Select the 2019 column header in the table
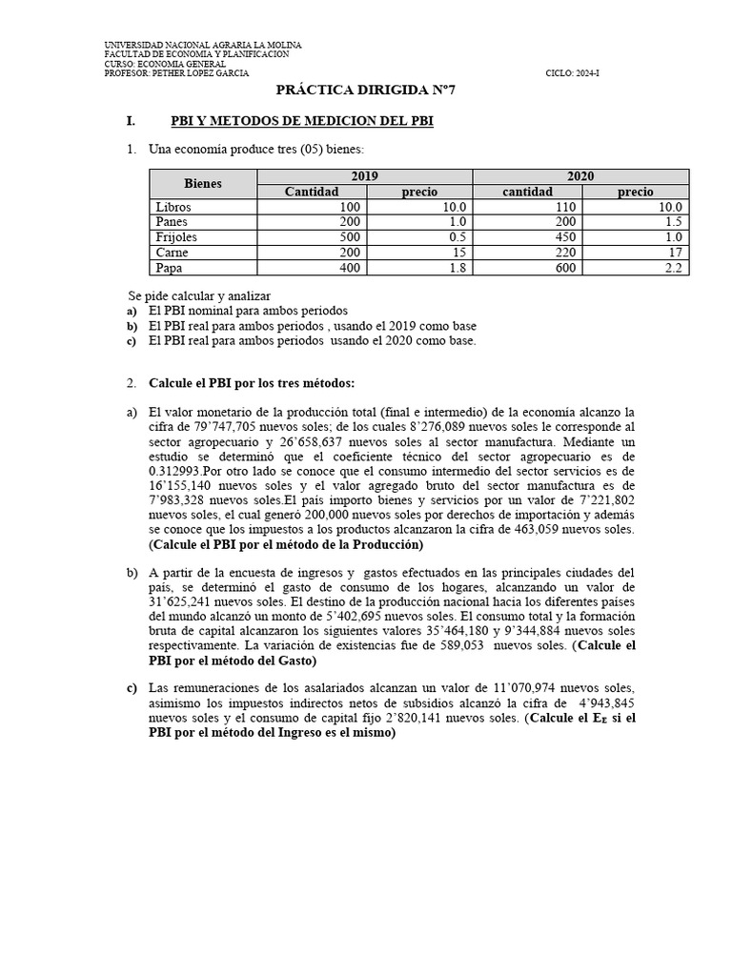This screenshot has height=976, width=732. pyautogui.click(x=364, y=176)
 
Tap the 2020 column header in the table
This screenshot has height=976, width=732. pyautogui.click(x=580, y=176)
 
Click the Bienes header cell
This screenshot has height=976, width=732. pyautogui.click(x=202, y=183)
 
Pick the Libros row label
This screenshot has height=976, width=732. pyautogui.click(x=172, y=207)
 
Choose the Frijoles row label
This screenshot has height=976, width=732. pyautogui.click(x=175, y=237)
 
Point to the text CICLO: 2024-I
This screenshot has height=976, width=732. pyautogui.click(x=572, y=73)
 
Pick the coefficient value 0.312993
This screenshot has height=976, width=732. pyautogui.click(x=178, y=470)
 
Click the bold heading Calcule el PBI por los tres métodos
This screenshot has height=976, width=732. pyautogui.click(x=252, y=383)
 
